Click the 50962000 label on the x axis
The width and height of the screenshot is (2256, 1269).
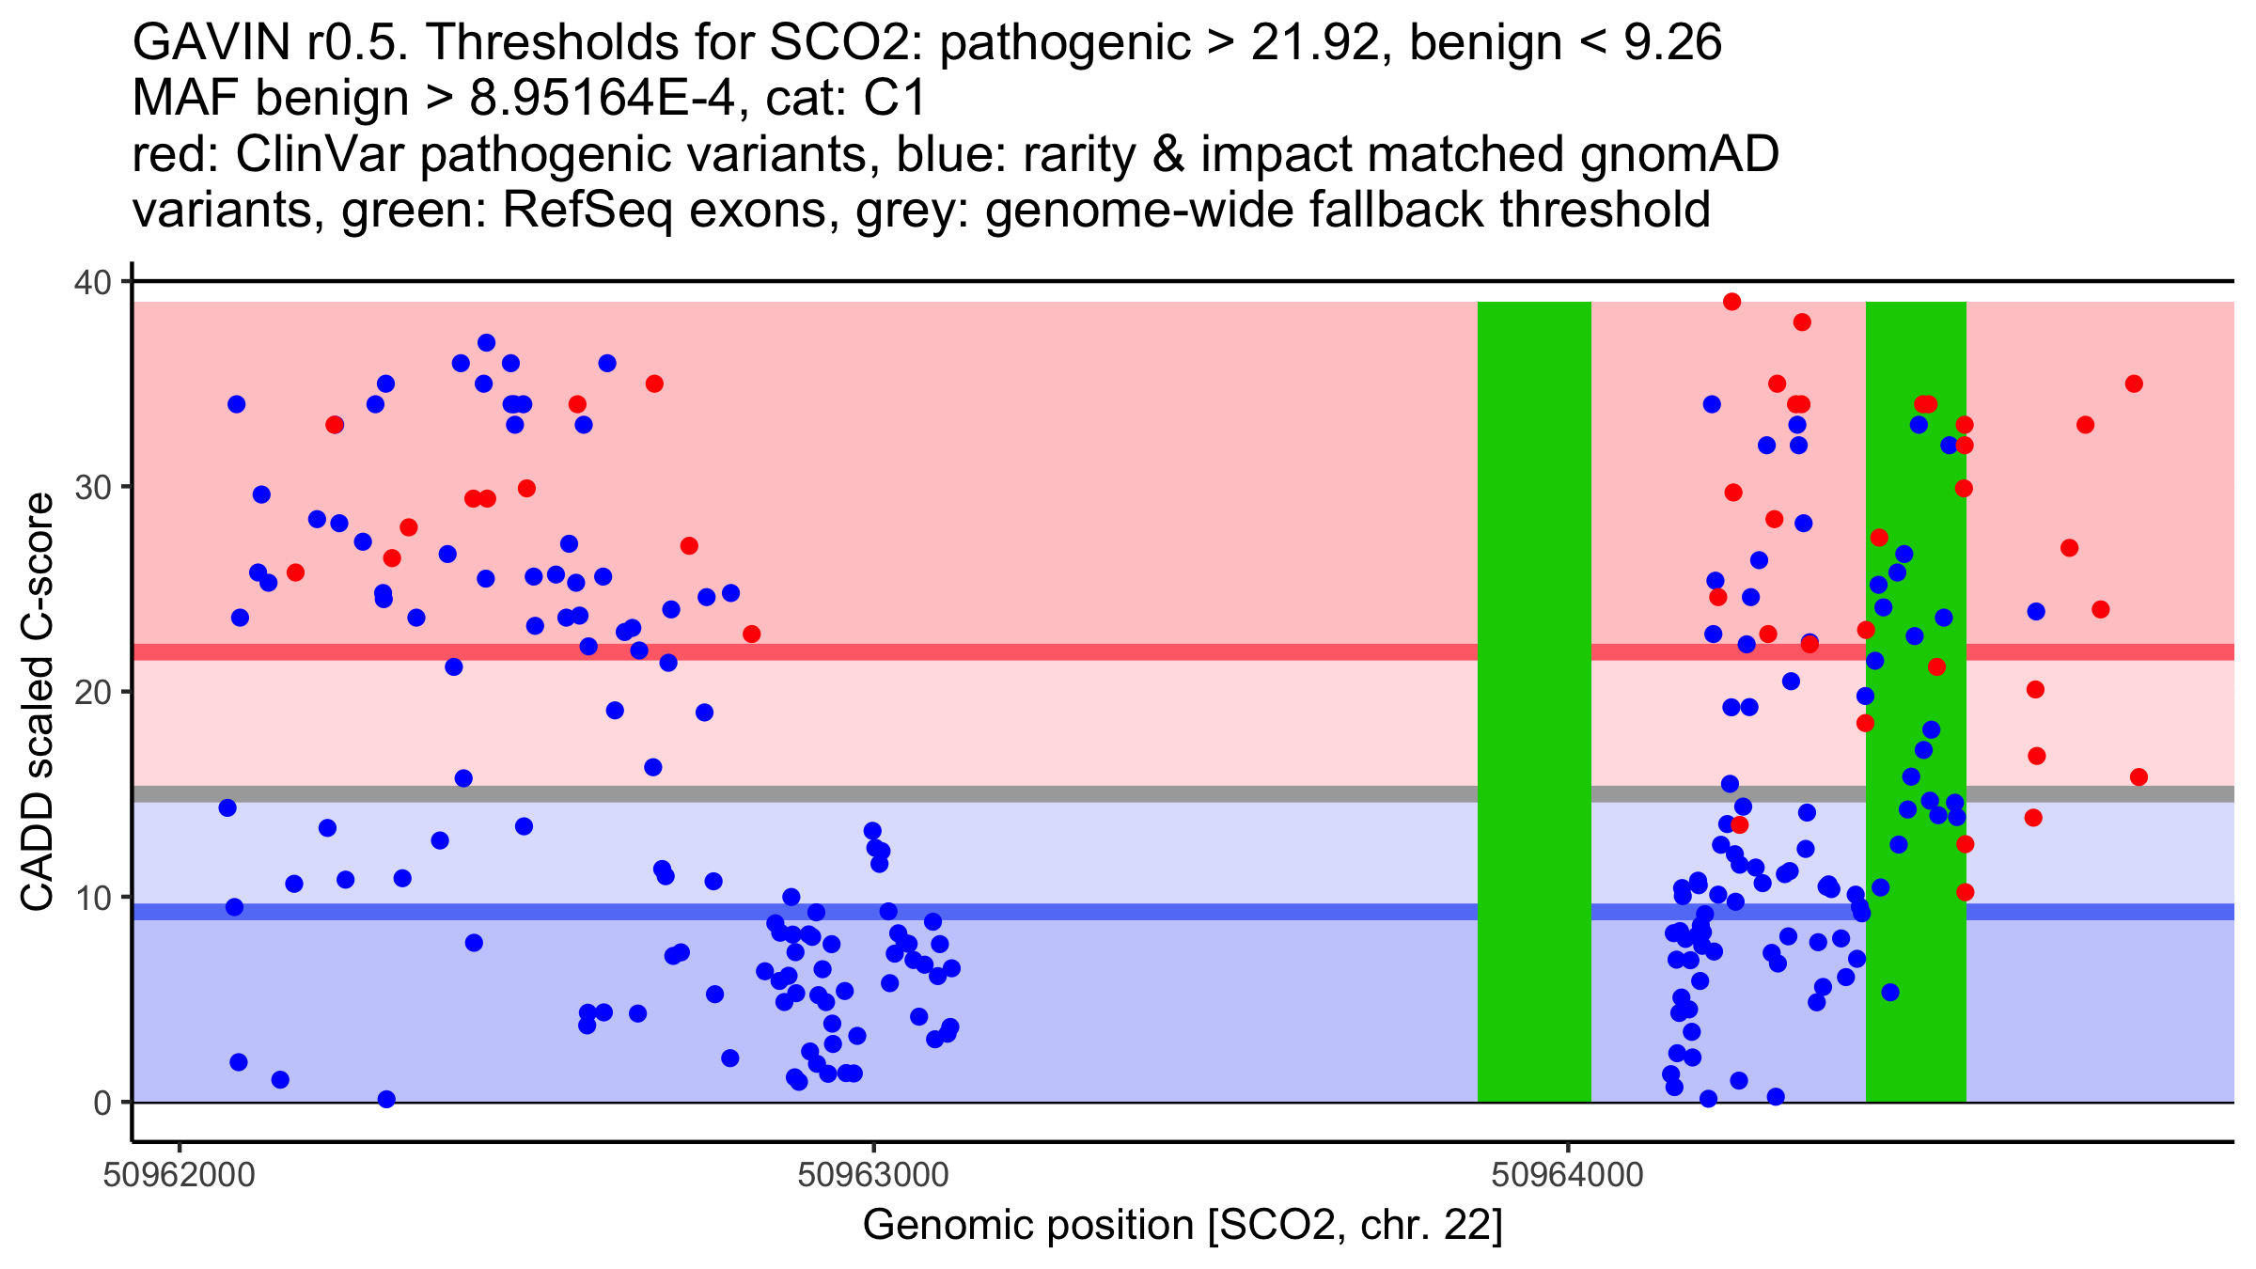tap(180, 1175)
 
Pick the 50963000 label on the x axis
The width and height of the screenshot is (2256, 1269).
tap(873, 1175)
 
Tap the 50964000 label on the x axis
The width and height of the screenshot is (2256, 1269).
tap(1567, 1175)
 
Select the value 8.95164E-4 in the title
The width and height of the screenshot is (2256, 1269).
tap(602, 99)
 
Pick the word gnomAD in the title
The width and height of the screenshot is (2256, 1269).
tap(1679, 155)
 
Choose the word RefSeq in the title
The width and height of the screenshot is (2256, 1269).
tap(587, 211)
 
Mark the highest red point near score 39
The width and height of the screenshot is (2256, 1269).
tap(1731, 302)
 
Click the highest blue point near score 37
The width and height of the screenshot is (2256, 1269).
tap(486, 343)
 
